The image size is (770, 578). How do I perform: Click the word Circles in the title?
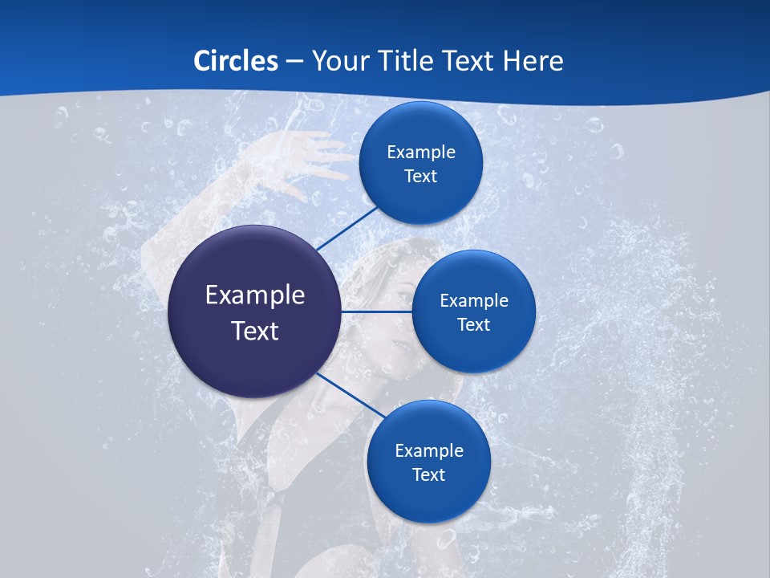[x=236, y=61]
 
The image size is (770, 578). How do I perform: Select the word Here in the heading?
[x=533, y=61]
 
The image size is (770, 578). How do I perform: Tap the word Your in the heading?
[x=337, y=61]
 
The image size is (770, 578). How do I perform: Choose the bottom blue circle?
[x=428, y=502]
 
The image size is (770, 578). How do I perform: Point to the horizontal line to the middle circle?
[x=377, y=311]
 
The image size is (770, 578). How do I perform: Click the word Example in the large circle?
[x=254, y=295]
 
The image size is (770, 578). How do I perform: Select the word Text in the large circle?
[x=254, y=331]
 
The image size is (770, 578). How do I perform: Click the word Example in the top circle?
[x=420, y=152]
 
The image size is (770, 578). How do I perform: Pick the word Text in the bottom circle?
[x=428, y=474]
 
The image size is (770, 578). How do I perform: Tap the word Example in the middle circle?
[x=474, y=300]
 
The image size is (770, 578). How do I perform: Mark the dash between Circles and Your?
[x=294, y=62]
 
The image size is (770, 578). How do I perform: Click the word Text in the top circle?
[x=420, y=176]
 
